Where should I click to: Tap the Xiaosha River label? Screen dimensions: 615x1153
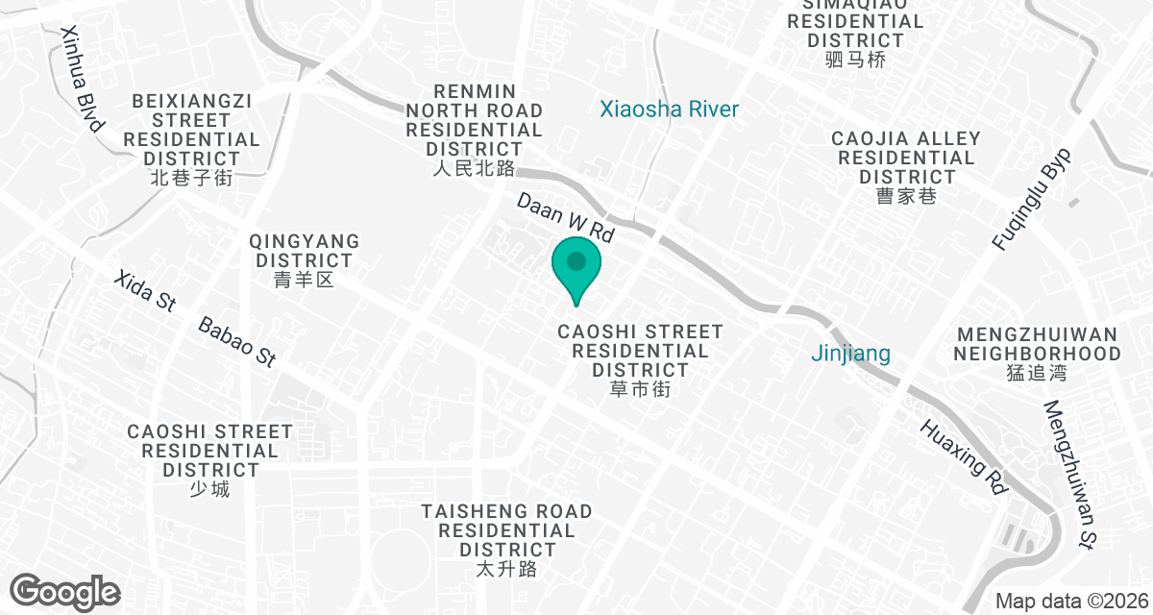669,110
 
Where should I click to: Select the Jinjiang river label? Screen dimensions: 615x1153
850,354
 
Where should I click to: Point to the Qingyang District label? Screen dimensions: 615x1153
304,259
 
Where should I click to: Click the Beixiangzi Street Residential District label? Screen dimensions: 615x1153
191,138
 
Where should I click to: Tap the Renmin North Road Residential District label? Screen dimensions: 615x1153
475,130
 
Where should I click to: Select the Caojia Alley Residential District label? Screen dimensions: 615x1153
906,167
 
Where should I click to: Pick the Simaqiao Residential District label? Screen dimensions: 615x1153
855,31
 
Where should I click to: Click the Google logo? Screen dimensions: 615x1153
65,591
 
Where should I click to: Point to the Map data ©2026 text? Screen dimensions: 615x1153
1069,602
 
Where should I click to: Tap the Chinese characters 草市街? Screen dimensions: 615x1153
640,390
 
